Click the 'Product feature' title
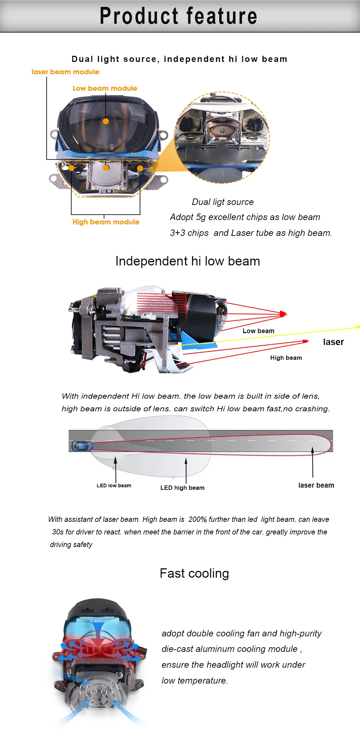point(179,16)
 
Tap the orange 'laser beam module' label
point(66,72)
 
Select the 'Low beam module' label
point(105,88)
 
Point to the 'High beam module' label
point(106,222)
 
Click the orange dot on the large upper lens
point(106,121)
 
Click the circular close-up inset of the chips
point(222,138)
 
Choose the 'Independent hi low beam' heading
point(188,261)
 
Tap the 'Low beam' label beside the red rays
point(258,331)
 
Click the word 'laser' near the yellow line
point(333,342)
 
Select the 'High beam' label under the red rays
point(286,358)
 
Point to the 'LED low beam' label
point(114,485)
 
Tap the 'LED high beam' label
point(183,488)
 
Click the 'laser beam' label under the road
point(316,485)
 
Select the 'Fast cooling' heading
point(194,573)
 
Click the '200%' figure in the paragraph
point(198,519)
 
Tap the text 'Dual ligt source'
point(223,202)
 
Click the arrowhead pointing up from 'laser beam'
point(312,450)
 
